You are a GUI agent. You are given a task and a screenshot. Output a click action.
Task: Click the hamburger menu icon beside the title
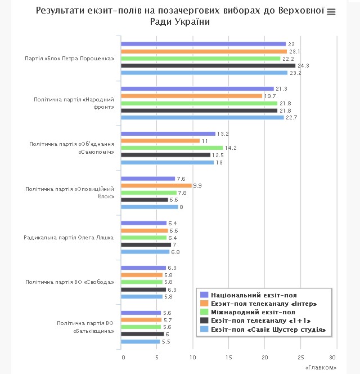click(331, 12)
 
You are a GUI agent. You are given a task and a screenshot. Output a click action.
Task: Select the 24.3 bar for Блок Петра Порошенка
click(208, 65)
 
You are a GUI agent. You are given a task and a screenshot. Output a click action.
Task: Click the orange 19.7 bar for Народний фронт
click(191, 96)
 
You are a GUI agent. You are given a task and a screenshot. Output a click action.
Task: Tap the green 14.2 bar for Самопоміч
click(172, 148)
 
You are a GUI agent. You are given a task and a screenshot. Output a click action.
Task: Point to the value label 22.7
click(291, 118)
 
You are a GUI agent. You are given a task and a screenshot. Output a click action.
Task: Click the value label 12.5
click(218, 155)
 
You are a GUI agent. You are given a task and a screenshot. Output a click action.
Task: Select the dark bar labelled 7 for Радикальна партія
click(146, 244)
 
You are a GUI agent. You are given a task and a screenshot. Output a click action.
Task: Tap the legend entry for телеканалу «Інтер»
click(259, 304)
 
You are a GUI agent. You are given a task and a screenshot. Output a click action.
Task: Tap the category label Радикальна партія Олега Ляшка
click(69, 237)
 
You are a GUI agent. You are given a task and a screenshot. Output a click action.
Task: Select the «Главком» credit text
click(321, 368)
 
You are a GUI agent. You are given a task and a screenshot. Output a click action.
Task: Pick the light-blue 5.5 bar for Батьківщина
click(141, 341)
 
